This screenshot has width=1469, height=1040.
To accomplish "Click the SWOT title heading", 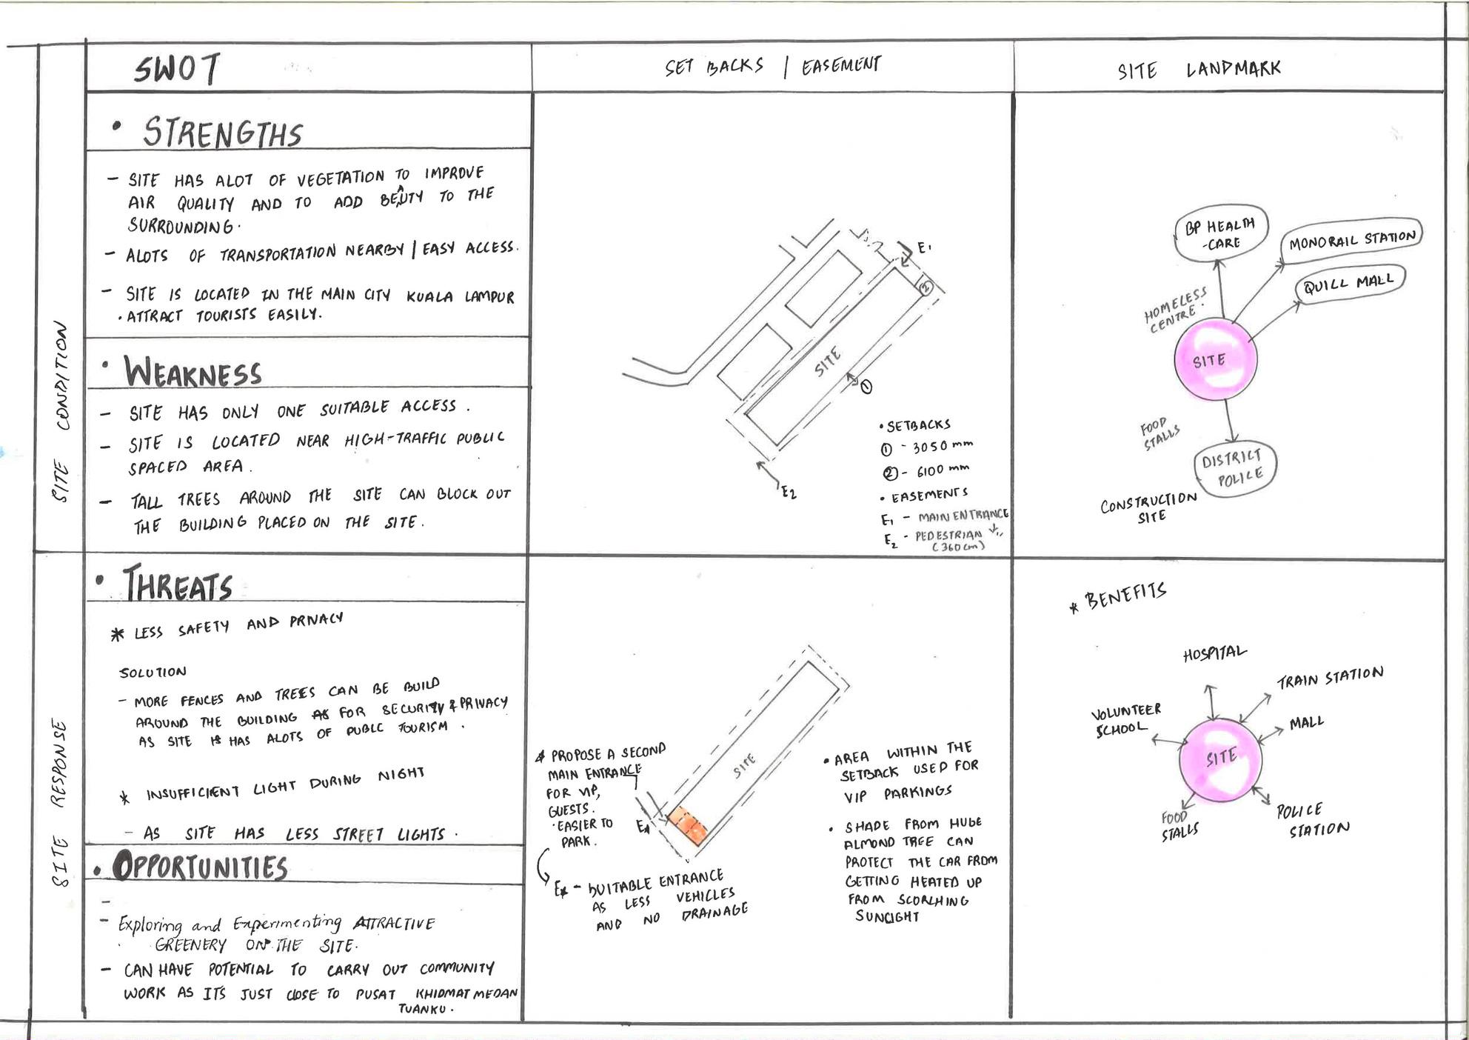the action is coord(177,70).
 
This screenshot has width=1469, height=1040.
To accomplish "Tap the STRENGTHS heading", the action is coord(222,133).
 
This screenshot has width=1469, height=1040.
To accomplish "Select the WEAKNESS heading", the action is coord(193,371).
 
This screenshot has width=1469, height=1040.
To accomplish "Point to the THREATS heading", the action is coord(178,585).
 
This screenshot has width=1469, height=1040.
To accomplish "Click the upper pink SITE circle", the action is coord(1215,360).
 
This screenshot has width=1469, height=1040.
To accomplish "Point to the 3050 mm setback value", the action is coord(942,447).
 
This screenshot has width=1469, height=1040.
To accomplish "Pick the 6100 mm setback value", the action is coord(942,470).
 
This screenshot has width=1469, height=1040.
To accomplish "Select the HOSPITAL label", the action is coord(1214,653).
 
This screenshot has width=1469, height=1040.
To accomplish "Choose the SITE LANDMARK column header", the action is coord(1199,70).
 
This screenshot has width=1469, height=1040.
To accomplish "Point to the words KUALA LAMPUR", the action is coord(460,296).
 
